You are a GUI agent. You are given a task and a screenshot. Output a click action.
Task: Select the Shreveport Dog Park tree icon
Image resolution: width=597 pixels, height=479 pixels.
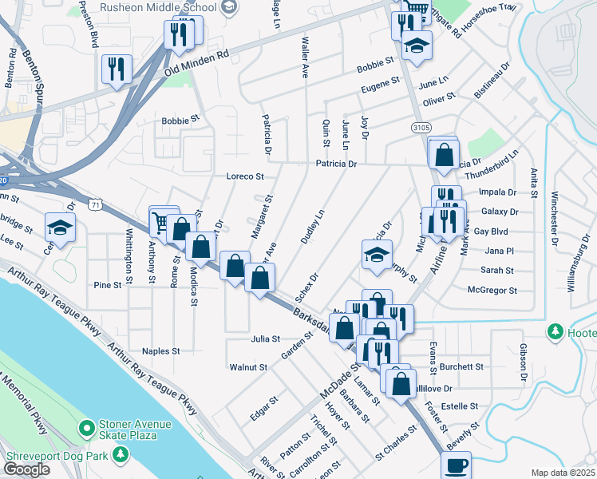click(x=121, y=454)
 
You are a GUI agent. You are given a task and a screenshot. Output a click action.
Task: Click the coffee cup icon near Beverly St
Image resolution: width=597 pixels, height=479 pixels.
click(x=456, y=465)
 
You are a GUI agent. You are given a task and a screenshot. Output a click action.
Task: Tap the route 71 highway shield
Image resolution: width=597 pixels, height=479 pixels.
click(x=95, y=205)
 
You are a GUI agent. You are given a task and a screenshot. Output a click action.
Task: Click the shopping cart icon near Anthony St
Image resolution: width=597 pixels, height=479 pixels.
click(x=162, y=221)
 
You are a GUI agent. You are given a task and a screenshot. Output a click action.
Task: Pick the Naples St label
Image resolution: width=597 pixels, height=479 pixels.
click(x=160, y=351)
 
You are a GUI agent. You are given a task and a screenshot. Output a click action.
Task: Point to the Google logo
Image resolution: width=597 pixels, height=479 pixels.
click(x=26, y=469)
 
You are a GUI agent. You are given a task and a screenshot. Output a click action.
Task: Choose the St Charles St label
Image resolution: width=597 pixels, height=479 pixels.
click(x=396, y=440)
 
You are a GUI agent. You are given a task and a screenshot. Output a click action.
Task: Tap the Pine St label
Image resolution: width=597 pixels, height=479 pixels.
click(x=107, y=284)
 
